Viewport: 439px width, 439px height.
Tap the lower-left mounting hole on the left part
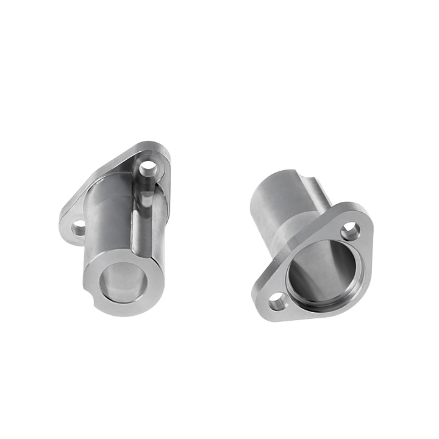pyautogui.click(x=79, y=229)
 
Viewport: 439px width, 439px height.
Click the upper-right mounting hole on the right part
pyautogui.click(x=349, y=230)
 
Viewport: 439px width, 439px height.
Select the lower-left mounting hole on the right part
pyautogui.click(x=277, y=300)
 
